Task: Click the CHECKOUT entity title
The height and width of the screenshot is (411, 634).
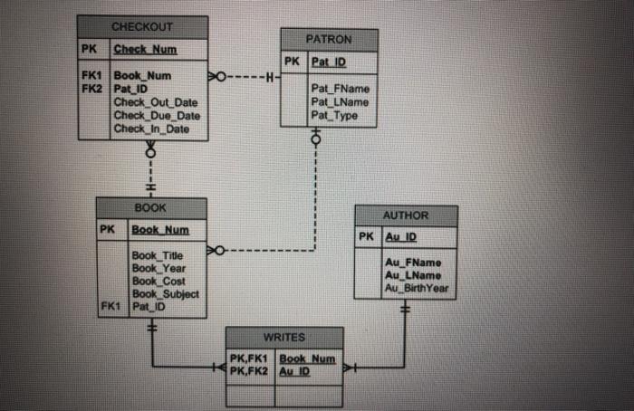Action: [x=142, y=26]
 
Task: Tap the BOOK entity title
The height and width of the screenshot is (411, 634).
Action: [x=149, y=207]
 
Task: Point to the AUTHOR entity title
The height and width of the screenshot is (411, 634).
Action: [x=406, y=216]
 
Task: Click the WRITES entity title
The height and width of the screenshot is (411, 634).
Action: [x=283, y=337]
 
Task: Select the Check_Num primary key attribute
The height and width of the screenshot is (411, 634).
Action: [x=145, y=48]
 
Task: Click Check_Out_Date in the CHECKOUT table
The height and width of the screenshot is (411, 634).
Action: [x=155, y=103]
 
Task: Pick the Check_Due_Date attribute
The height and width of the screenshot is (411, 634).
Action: [x=157, y=116]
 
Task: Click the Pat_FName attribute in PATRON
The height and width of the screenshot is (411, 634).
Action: [x=340, y=90]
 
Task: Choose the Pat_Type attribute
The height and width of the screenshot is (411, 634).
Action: [x=334, y=115]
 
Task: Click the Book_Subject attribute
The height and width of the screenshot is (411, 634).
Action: [x=166, y=294]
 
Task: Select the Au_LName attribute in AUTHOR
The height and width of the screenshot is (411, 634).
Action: [x=413, y=275]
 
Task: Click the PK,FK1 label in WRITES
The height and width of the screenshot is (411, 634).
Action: [x=251, y=358]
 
